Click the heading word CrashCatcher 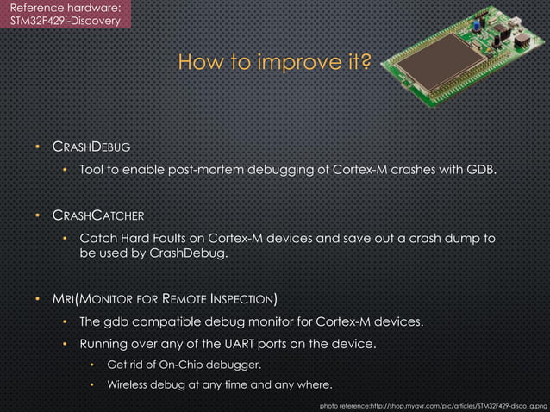tap(97, 215)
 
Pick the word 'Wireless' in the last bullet tap(132, 384)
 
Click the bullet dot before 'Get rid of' tap(93, 365)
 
